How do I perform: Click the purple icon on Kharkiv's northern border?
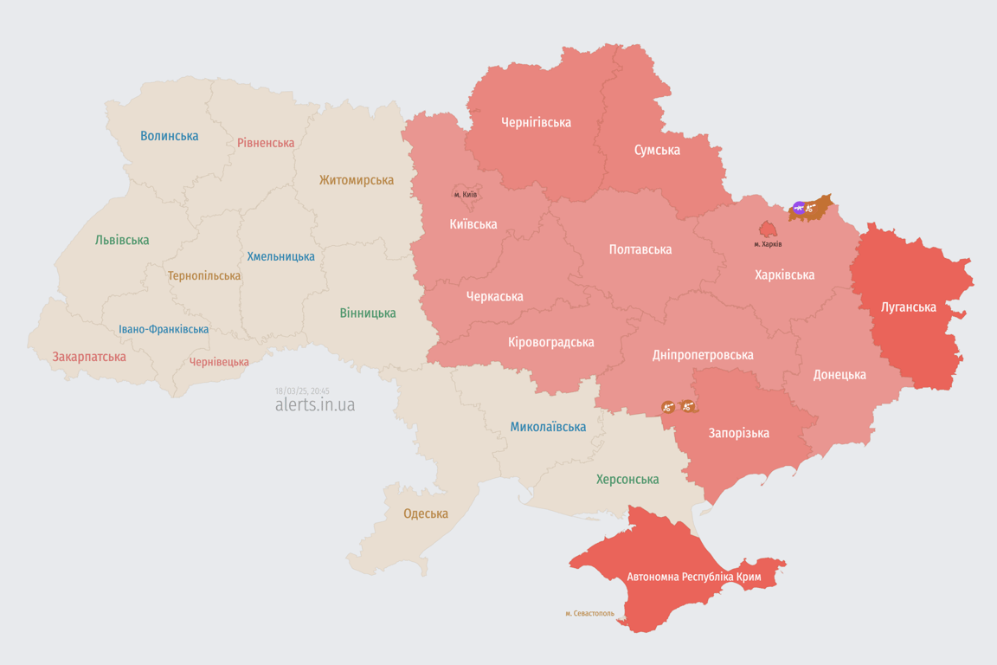coord(798,208)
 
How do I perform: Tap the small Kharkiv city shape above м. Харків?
coord(768,229)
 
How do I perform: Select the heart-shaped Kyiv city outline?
coord(466,193)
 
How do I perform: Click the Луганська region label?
coord(908,307)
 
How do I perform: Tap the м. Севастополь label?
coord(589,614)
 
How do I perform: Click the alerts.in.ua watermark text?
coord(314,405)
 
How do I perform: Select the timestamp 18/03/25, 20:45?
coord(302,391)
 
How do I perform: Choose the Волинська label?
coord(169,136)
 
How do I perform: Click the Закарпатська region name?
coord(88,357)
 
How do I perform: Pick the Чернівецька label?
coord(219,362)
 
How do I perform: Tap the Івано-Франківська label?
coord(164,330)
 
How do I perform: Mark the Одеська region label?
coord(426,513)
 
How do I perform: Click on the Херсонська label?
coord(627,479)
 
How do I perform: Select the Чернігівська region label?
coord(536,122)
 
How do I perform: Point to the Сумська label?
coord(657,150)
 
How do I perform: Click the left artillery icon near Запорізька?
coord(668,406)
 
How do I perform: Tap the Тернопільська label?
coord(204,276)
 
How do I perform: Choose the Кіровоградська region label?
coord(551,342)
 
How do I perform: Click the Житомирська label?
coord(356,180)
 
